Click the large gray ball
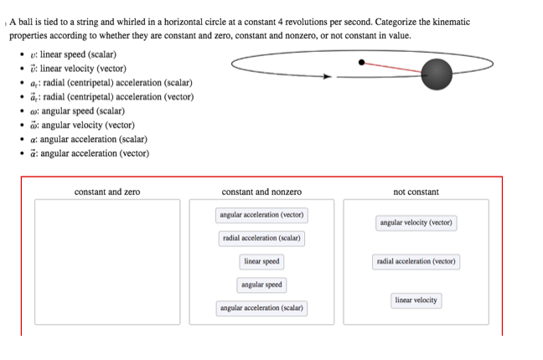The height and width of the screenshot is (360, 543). (436, 75)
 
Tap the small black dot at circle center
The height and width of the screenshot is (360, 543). (361, 61)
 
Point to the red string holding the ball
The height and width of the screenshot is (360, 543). (394, 67)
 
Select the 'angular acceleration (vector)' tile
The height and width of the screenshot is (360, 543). (261, 215)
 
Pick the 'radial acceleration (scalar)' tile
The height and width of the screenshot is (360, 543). (261, 239)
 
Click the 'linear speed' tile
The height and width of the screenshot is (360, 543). (261, 262)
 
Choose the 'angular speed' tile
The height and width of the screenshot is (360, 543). (261, 285)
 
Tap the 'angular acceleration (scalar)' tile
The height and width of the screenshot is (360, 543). (261, 309)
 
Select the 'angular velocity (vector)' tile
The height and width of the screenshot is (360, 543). (416, 223)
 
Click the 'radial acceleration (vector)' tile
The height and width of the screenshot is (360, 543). (416, 262)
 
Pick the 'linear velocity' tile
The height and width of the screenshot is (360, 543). (416, 301)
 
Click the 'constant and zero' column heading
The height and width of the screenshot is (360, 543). (107, 193)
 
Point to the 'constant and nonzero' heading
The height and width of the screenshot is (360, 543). (261, 193)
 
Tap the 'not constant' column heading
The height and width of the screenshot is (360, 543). (416, 193)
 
